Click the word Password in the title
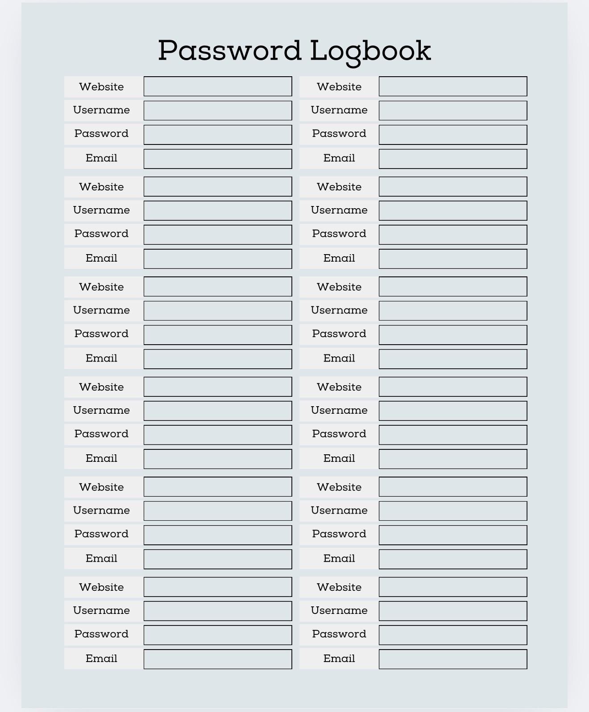coord(230,50)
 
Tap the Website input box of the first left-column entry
coord(218,86)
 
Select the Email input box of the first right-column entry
coord(453,159)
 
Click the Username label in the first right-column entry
coord(339,110)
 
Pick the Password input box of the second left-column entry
coord(218,235)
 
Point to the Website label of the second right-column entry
coord(339,187)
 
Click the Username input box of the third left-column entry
coord(218,311)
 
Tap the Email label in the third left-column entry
coord(101,358)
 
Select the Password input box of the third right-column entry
coord(453,335)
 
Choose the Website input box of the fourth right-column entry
coord(453,387)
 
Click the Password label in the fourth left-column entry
coord(101,434)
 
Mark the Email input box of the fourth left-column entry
coord(218,459)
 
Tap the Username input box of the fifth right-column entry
coord(453,511)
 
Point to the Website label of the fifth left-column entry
coord(101,487)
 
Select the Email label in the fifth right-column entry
coord(339,559)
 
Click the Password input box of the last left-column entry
coord(218,635)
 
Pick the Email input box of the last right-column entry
coord(453,659)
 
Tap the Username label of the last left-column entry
coord(101,611)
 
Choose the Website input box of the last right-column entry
coord(453,587)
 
